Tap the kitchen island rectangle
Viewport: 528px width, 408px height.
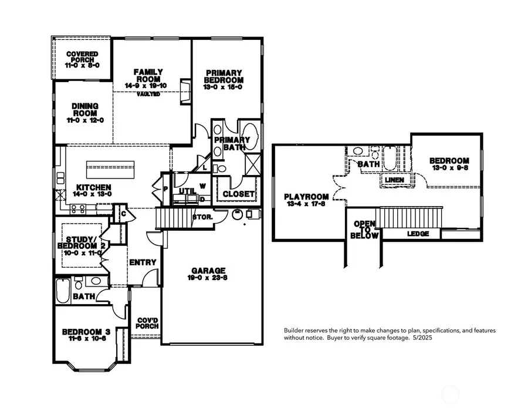(116, 169)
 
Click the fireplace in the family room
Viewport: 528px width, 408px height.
(186, 92)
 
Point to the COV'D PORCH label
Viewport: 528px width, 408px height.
(145, 324)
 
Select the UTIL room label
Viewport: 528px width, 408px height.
(187, 191)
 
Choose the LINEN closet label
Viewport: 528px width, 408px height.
(394, 179)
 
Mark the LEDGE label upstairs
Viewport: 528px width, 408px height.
(418, 234)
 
